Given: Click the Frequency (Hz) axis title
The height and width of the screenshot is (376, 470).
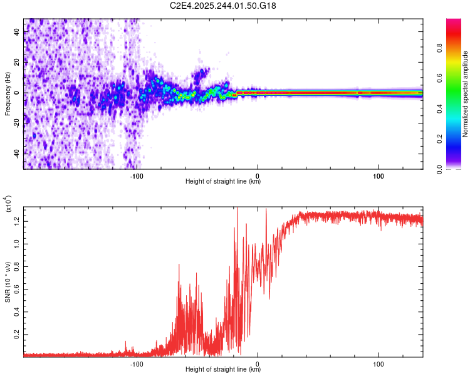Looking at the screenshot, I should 7,93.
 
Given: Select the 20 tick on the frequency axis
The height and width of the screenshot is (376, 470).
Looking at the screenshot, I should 17,63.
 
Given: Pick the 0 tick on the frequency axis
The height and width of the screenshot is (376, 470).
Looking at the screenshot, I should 17,93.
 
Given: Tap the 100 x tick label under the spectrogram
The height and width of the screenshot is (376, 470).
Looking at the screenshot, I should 379,176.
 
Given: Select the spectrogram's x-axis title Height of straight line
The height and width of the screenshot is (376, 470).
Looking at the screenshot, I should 223,182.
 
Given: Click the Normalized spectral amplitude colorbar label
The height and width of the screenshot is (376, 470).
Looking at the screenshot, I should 466,94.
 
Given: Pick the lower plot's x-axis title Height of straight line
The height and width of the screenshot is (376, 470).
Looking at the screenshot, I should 223,369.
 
